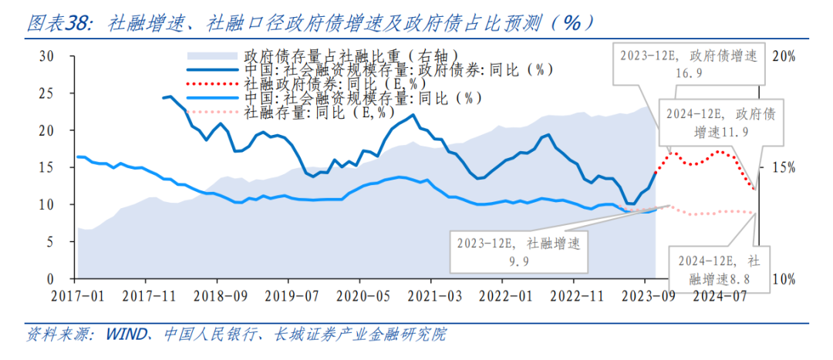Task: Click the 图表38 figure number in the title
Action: (x=56, y=23)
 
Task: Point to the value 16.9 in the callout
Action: (x=690, y=74)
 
